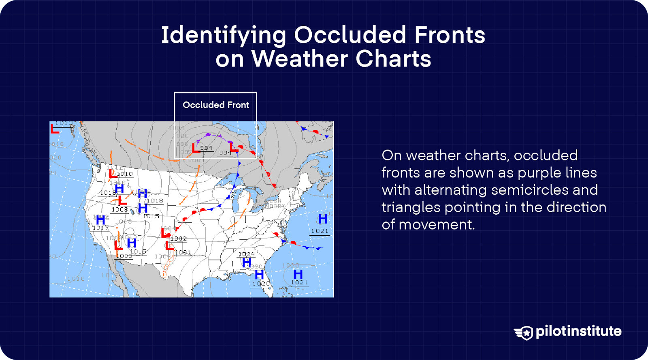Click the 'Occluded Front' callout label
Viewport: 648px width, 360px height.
point(216,105)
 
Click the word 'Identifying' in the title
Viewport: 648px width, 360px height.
point(224,35)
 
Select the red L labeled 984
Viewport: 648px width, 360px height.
point(196,148)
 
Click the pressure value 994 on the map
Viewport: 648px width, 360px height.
point(225,153)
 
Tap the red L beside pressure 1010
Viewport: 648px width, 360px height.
point(113,174)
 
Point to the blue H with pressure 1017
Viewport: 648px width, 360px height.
point(100,220)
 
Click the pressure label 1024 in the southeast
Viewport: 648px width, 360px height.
point(246,254)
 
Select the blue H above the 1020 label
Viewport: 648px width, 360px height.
point(259,275)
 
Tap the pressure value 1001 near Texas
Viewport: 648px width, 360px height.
point(183,252)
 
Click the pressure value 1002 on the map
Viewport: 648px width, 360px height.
point(179,239)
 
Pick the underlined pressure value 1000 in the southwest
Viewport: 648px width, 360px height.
point(124,256)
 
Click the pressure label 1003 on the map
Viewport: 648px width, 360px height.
point(119,209)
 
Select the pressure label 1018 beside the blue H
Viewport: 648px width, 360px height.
point(155,200)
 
